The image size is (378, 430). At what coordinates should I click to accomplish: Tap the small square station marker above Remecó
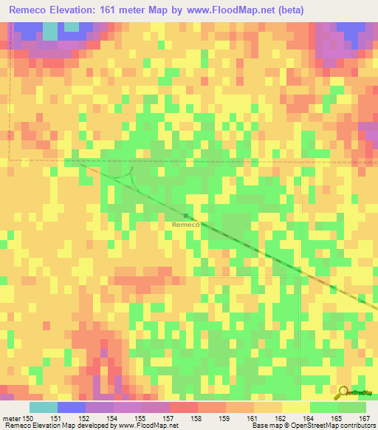pyautogui.click(x=186, y=216)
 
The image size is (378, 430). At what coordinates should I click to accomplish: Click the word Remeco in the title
pyautogui.click(x=29, y=10)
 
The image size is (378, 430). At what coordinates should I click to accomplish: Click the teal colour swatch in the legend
pyautogui.click(x=44, y=407)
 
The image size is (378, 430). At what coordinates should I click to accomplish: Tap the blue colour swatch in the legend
pyautogui.click(x=72, y=407)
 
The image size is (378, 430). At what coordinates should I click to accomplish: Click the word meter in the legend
pyautogui.click(x=11, y=417)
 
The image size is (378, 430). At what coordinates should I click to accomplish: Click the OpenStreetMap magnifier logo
pyautogui.click(x=344, y=392)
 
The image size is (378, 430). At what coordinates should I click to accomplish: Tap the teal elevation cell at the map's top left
pyautogui.click(x=49, y=31)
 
